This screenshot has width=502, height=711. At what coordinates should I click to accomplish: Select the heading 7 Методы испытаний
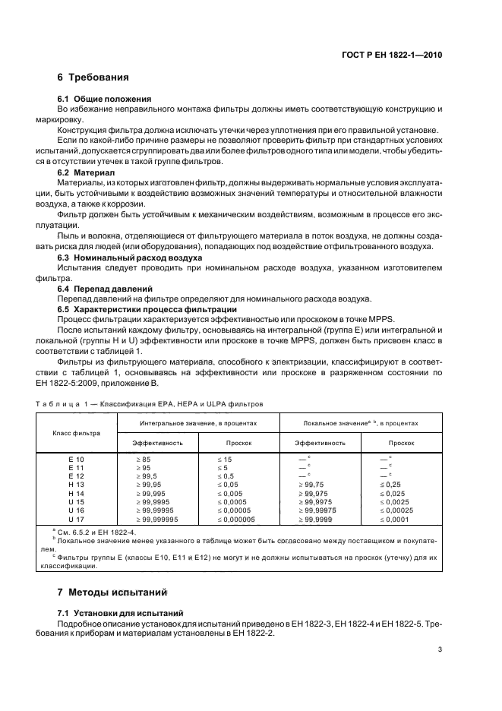point(112,591)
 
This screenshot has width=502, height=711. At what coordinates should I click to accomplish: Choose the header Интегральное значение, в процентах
point(198,423)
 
